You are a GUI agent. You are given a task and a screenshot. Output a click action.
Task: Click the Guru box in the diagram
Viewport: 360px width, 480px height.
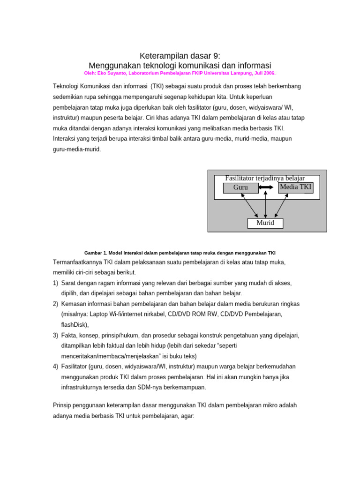coord(240,187)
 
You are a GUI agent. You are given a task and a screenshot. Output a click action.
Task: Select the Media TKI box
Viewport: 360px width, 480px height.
coord(295,187)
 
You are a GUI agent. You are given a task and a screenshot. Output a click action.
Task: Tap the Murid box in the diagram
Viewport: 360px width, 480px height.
coord(265,223)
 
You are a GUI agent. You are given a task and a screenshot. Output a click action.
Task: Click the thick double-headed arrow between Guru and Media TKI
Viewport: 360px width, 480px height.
coord(266,187)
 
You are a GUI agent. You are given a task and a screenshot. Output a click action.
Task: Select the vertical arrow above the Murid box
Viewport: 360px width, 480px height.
coord(266,204)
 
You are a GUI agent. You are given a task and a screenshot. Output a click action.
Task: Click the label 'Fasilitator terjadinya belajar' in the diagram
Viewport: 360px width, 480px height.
coord(265,178)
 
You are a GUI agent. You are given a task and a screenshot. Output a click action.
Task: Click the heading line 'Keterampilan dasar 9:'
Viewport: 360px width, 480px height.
coord(180,56)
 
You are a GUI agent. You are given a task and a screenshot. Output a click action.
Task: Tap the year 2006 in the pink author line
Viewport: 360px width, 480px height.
coord(270,74)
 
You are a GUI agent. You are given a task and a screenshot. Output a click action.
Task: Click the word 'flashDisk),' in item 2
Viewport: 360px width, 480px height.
coord(75,324)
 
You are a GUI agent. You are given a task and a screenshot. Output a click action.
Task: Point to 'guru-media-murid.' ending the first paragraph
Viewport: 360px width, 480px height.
coord(77,149)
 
